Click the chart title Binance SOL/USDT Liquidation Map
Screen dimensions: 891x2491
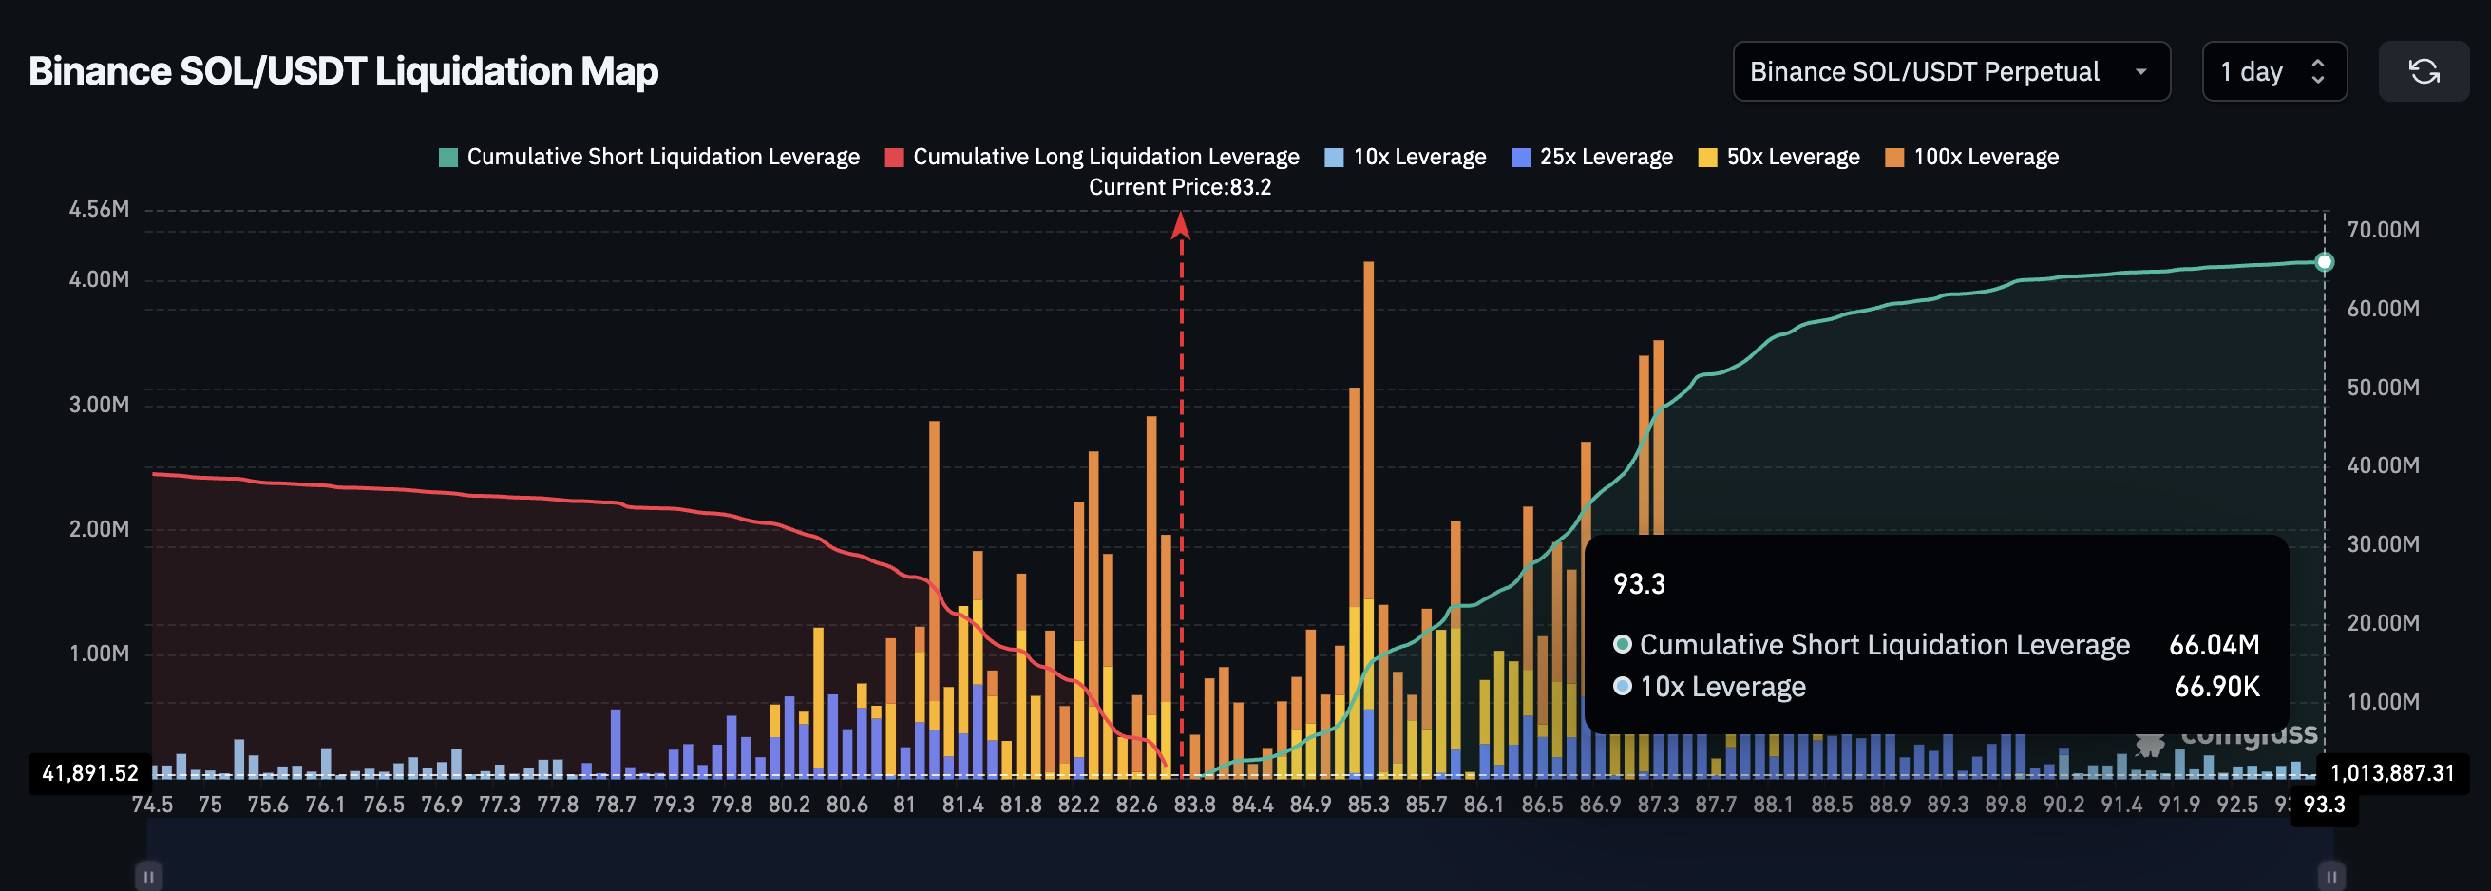tap(343, 71)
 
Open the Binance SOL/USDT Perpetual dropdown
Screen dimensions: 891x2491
tap(1950, 71)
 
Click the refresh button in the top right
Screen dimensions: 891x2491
tap(2423, 71)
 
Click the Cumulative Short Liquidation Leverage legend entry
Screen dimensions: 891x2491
tap(649, 157)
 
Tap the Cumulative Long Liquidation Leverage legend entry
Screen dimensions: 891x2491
tap(1092, 157)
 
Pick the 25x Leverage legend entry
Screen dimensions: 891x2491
tap(1591, 157)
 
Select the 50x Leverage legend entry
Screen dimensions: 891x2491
tap(1778, 157)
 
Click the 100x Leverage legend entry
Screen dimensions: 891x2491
tap(1971, 157)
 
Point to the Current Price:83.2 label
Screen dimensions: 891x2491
tap(1180, 187)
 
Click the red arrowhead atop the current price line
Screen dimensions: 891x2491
tap(1180, 226)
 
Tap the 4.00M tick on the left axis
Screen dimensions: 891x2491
tap(99, 279)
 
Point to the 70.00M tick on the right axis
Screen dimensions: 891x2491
tap(2383, 230)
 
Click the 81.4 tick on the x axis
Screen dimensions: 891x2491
tap(962, 805)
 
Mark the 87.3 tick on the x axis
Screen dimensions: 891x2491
tap(1658, 805)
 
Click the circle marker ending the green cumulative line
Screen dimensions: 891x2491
tap(2325, 262)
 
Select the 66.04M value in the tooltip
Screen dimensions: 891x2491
tap(2214, 645)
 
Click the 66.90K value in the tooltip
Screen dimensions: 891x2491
tap(2216, 687)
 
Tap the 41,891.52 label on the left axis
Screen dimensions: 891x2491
tap(90, 773)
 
